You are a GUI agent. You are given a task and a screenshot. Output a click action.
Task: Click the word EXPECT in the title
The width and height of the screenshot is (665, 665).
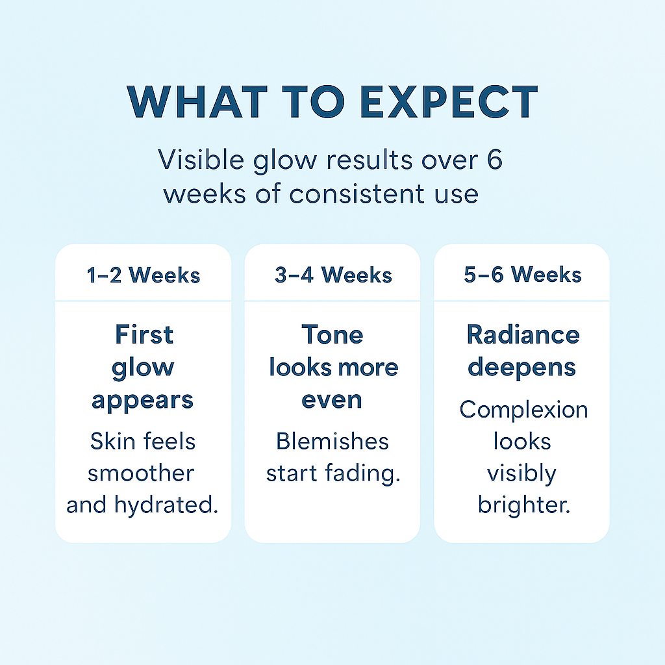point(449,102)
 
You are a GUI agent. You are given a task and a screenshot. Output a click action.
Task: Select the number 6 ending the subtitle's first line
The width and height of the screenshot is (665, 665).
point(494,160)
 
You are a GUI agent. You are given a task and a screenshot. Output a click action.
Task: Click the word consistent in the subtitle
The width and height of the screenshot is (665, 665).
point(357,194)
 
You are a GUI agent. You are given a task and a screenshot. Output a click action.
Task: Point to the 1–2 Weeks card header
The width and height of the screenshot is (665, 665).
point(144,275)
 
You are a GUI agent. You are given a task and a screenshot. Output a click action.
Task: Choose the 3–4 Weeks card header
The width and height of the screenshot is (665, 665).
point(333,275)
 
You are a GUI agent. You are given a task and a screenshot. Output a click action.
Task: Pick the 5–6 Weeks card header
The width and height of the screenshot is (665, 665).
point(523,275)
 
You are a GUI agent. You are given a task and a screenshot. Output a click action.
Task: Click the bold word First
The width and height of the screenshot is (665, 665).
point(144,334)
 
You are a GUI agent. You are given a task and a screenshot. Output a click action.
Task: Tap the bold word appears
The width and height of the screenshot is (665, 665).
point(142,401)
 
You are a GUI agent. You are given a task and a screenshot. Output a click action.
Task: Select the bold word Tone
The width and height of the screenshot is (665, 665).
point(332,334)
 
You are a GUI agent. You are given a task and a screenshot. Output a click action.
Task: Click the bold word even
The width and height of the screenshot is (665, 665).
point(332,400)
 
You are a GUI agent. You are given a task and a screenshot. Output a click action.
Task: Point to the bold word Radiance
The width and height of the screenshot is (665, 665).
point(523,334)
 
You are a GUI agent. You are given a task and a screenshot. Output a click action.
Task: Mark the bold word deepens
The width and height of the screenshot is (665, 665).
point(521,368)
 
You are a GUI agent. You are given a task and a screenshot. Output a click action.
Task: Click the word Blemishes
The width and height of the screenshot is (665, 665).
point(332,441)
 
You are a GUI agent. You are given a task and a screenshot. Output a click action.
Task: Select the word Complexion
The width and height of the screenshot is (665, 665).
point(524,410)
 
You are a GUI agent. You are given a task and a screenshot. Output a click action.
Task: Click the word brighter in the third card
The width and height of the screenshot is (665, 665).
point(524,505)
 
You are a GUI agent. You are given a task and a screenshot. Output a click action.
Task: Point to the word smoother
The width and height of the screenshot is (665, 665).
point(141,473)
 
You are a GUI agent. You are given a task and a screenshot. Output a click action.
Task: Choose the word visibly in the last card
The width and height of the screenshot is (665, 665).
point(521,473)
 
